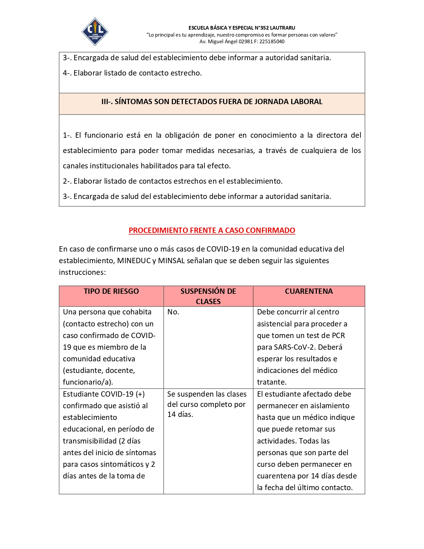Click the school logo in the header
click(95, 32)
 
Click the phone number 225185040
click(272, 42)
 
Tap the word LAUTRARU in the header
click(282, 28)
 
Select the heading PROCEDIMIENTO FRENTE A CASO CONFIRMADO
click(212, 230)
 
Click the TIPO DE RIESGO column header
click(111, 291)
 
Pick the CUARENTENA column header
click(309, 291)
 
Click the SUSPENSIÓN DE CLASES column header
click(208, 296)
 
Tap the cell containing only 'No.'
click(173, 312)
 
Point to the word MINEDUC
click(134, 261)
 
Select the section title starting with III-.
click(212, 102)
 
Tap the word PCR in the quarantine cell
click(338, 336)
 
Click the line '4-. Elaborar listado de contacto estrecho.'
click(132, 73)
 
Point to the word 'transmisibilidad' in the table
click(90, 441)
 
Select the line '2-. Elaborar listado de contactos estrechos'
click(173, 181)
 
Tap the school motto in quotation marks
click(242, 35)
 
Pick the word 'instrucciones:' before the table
click(82, 273)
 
